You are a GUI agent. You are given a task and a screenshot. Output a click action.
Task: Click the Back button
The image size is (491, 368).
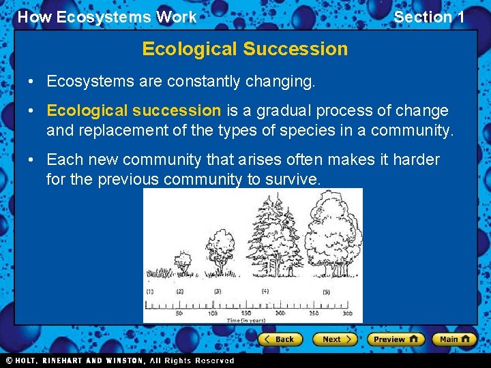(279, 339)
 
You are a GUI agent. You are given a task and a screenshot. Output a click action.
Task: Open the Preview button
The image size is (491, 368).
(396, 339)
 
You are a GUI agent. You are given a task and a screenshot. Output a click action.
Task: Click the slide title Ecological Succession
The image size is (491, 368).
(245, 49)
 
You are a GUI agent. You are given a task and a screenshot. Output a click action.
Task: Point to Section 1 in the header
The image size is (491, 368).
(429, 18)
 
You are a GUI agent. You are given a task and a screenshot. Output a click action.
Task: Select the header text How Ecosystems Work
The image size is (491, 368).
(107, 18)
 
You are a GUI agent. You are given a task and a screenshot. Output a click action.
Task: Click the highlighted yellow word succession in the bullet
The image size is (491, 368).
(177, 110)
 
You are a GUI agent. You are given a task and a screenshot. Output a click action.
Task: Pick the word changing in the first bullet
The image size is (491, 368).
(281, 82)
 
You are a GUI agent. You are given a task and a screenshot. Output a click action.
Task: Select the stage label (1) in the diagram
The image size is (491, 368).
(151, 291)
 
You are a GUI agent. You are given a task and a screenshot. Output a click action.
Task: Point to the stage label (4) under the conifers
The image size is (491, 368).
(265, 291)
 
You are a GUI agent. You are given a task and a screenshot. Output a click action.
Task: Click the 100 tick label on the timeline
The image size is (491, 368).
(212, 313)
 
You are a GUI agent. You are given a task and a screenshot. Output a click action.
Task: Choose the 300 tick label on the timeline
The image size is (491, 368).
(348, 313)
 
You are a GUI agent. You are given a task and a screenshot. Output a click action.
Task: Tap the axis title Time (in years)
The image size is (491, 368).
(247, 319)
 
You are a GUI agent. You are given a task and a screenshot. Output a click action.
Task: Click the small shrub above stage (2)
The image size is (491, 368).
(181, 262)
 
